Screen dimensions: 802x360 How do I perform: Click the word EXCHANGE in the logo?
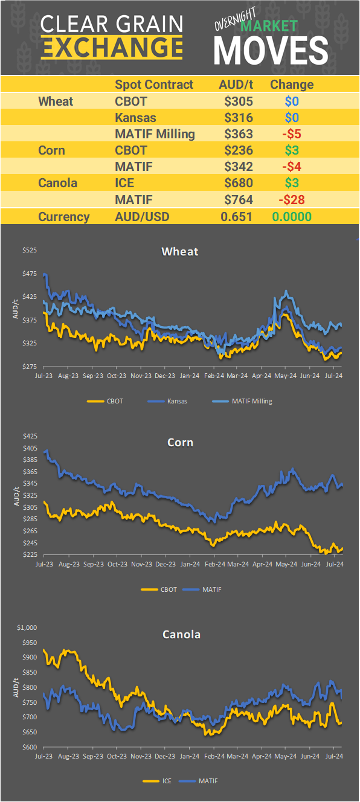coord(112,47)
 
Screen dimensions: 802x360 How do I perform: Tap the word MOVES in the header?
coord(271,50)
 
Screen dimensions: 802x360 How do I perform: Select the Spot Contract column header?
coord(154,85)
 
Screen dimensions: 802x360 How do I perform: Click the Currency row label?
coord(64,217)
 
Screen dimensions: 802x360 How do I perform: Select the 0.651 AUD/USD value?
coord(236,217)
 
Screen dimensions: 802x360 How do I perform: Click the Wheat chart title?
coord(179,251)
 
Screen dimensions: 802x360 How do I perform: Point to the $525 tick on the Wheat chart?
coord(30,250)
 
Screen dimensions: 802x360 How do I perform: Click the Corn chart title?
coord(180,443)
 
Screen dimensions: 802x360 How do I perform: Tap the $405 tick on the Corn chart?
coord(30,448)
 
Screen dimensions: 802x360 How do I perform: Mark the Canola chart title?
coord(181,634)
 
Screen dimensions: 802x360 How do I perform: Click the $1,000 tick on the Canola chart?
coord(28,627)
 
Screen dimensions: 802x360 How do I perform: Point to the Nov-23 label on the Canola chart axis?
coord(141,755)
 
